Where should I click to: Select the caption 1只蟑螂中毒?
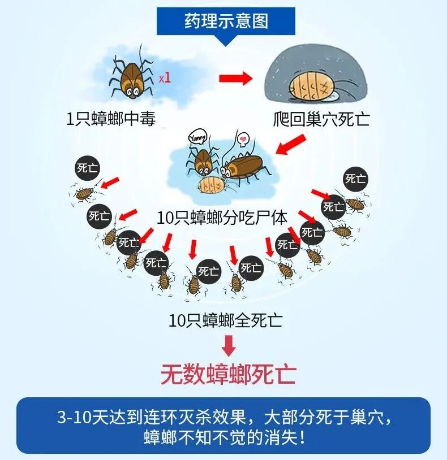click(111, 119)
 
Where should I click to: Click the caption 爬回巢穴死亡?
click(320, 120)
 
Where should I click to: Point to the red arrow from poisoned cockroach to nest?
click(235, 79)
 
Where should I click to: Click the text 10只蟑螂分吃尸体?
click(223, 216)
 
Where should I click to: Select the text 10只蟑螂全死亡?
click(225, 320)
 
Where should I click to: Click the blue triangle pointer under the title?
click(225, 40)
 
